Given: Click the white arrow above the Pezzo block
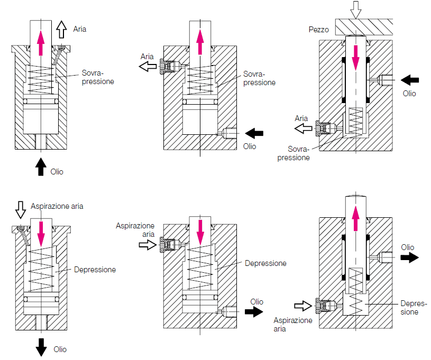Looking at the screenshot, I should pyautogui.click(x=355, y=8).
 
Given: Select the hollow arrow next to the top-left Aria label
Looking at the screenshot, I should pyautogui.click(x=61, y=29).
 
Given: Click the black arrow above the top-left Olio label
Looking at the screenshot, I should pyautogui.click(x=40, y=166).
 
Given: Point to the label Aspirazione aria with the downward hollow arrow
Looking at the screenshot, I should pyautogui.click(x=57, y=206).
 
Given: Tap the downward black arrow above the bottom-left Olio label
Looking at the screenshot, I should pyautogui.click(x=41, y=346).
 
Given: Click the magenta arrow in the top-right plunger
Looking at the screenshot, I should pyautogui.click(x=355, y=57).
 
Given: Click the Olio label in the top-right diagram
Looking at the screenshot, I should pyautogui.click(x=409, y=94).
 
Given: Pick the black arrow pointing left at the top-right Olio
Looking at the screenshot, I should pyautogui.click(x=410, y=80).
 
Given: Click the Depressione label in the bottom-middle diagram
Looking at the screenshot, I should pyautogui.click(x=265, y=263).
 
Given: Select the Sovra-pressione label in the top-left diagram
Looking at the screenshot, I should pyautogui.click(x=98, y=78).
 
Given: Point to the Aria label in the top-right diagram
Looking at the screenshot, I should pyautogui.click(x=301, y=118).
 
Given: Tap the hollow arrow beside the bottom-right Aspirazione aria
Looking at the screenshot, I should pyautogui.click(x=304, y=306).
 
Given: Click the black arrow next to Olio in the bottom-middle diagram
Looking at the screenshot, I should pyautogui.click(x=255, y=312).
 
